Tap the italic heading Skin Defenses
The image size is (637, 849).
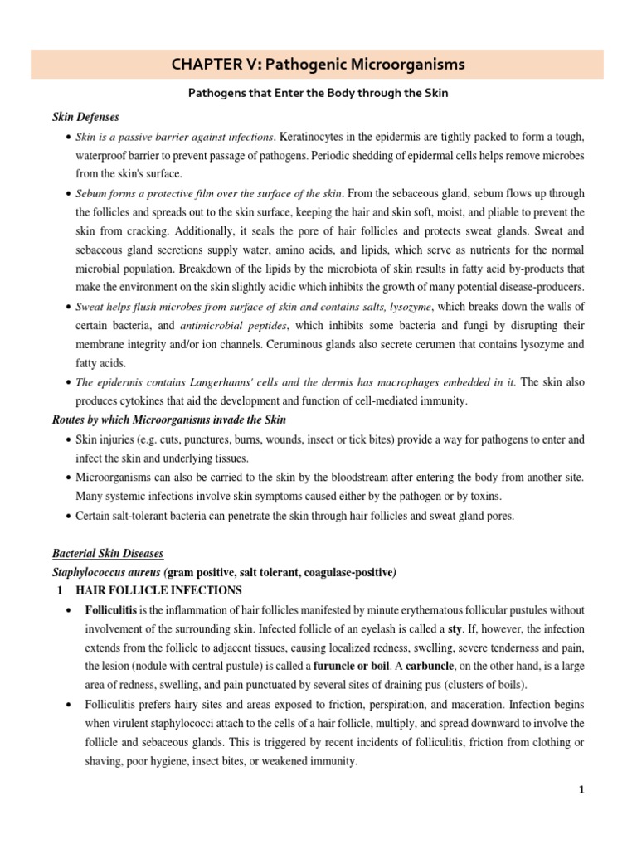point(85,117)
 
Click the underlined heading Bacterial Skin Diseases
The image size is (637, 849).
point(108,552)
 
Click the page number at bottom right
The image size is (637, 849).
point(582,790)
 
